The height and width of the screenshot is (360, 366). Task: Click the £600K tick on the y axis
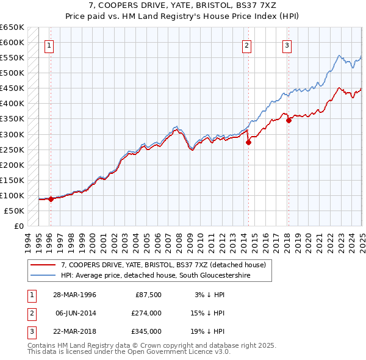(x=13, y=43)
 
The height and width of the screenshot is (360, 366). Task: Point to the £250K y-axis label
(x=13, y=149)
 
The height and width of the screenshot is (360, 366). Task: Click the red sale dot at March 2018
(x=289, y=120)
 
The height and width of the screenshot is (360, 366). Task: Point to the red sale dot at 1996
(x=51, y=199)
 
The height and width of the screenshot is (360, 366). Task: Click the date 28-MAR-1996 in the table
(x=74, y=295)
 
